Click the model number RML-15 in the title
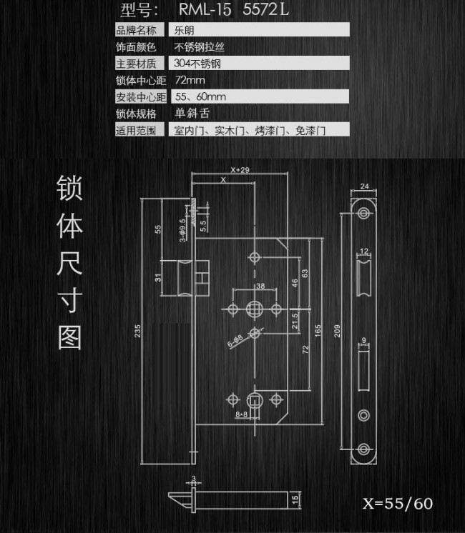pos(205,9)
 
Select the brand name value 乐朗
pos(184,30)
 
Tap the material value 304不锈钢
pos(197,63)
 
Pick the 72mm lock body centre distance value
pos(190,80)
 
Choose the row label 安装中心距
pos(141,97)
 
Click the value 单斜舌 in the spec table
pos(192,113)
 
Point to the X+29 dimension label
pos(240,169)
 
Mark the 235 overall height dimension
pos(137,331)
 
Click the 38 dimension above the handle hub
pos(260,286)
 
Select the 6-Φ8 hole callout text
pos(235,341)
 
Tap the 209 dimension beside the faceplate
pos(337,331)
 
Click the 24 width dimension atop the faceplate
pos(364,186)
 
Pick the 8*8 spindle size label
pos(241,414)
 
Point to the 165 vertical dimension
pos(318,331)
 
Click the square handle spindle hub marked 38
pos(254,309)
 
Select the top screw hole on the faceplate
pos(363,213)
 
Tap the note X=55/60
pos(398,504)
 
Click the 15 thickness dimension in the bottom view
pos(295,499)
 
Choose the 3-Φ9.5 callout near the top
pos(183,231)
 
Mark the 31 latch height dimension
pos(158,278)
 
